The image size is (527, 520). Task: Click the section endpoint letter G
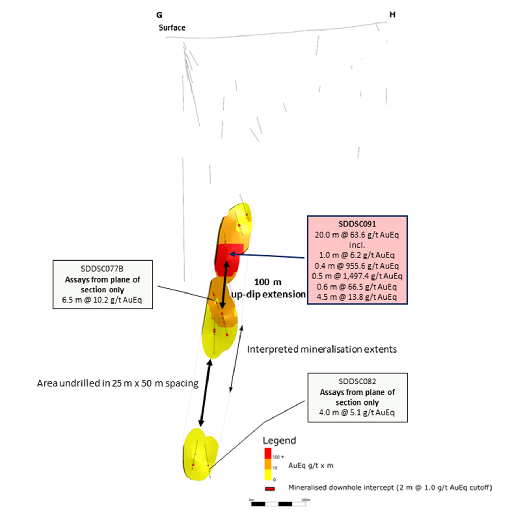(159, 15)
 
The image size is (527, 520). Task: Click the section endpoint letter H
(392, 14)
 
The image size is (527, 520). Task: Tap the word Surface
(172, 27)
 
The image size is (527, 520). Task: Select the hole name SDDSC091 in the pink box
(357, 224)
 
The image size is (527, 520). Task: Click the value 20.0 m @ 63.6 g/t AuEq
(357, 235)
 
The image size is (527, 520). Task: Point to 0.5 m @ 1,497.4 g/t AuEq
(357, 276)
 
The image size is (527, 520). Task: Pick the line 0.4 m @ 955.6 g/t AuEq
(357, 266)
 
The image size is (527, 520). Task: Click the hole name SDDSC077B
(102, 269)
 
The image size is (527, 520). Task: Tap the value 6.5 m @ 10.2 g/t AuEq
(102, 300)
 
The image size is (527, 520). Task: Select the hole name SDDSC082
(357, 381)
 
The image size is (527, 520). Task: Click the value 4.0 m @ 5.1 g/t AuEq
(357, 412)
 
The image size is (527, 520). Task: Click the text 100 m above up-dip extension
(268, 282)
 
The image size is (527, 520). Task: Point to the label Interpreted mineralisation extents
(322, 349)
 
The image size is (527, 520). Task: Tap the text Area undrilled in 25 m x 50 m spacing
(118, 383)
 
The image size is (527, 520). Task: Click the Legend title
(279, 441)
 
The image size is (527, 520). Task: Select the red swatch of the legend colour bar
(268, 453)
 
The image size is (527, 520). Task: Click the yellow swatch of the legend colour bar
(268, 475)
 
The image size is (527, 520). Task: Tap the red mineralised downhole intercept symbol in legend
(270, 488)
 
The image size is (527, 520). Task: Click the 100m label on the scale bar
(305, 500)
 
